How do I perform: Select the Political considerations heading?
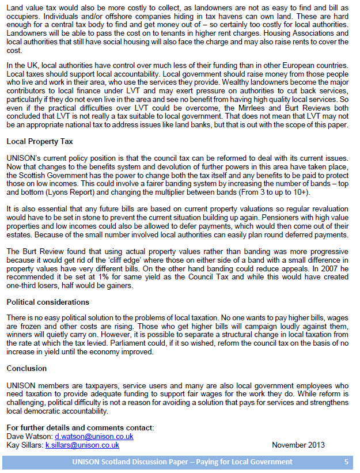pos(48,302)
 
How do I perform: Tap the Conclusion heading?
pos(26,368)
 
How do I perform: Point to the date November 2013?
pos(298,445)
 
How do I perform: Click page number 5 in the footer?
pos(346,462)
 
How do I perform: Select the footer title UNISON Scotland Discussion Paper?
pos(182,462)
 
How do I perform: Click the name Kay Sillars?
pos(25,445)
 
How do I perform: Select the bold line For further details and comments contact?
pos(80,427)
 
